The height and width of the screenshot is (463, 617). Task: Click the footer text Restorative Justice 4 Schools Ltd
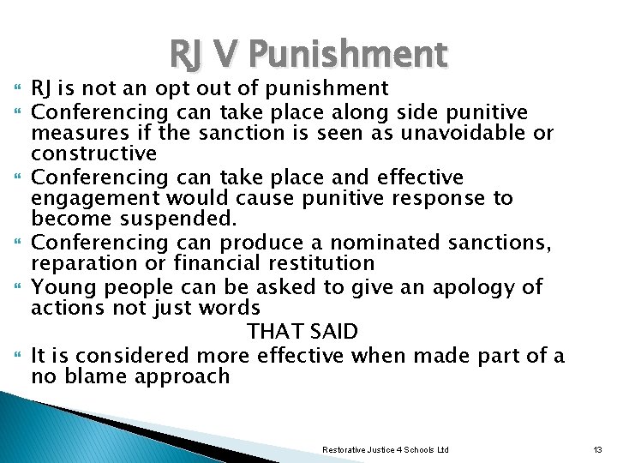click(x=385, y=450)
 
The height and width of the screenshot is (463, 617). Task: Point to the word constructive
click(x=94, y=154)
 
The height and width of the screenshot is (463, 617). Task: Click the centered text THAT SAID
click(x=303, y=331)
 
